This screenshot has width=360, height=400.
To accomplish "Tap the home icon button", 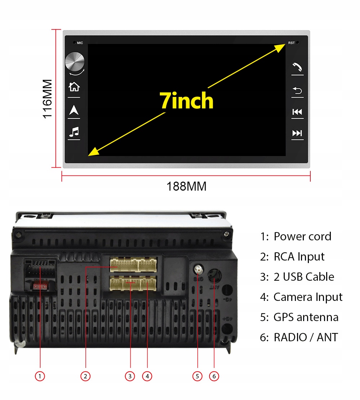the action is [x=74, y=87].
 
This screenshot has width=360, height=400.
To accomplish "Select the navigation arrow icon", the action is [x=74, y=110].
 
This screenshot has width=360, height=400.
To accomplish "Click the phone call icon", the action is [x=297, y=67].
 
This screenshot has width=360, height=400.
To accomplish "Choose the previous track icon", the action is [x=297, y=112].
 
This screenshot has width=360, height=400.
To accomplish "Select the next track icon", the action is [x=297, y=133].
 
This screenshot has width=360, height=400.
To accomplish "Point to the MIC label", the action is [x=80, y=43].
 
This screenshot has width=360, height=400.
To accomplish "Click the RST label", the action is [x=291, y=43].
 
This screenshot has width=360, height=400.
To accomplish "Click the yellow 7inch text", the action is [x=186, y=101].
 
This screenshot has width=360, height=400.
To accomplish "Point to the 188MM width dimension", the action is [x=186, y=187].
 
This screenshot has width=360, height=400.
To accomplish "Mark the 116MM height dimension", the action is [x=48, y=98].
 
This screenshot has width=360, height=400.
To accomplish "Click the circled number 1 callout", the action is [x=40, y=376].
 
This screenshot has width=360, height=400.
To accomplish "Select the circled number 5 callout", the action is [x=197, y=376].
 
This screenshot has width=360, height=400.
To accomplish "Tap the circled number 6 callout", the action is [x=214, y=376].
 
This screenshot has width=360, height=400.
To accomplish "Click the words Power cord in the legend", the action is [x=302, y=236].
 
